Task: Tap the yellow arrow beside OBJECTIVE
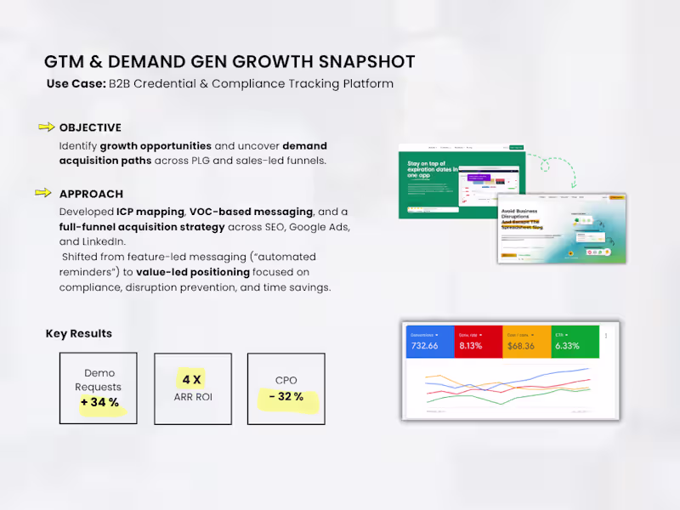pos(46,127)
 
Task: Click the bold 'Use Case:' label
pos(75,84)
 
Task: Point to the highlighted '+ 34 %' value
pos(100,403)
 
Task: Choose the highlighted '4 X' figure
pos(192,379)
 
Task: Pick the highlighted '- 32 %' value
pos(286,397)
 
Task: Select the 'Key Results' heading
pos(78,333)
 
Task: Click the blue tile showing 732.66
pos(429,341)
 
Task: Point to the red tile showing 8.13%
pos(478,341)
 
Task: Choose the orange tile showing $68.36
pos(526,341)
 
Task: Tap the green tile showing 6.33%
pos(575,341)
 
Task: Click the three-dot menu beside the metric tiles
pos(606,336)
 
